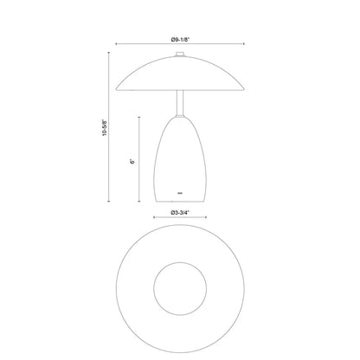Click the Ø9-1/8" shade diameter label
point(180,39)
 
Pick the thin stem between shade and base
point(179,103)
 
